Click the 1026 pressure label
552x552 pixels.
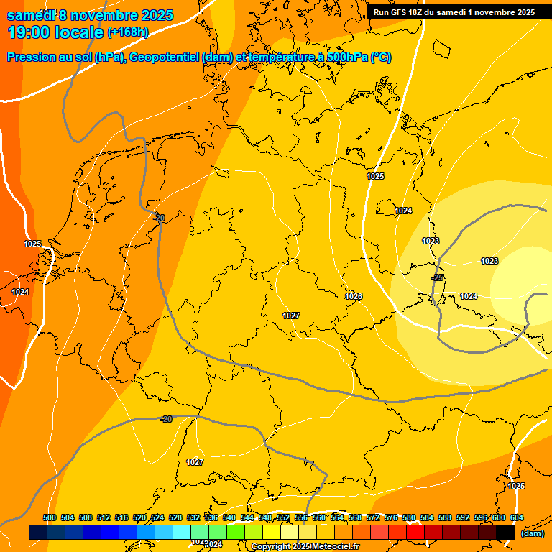[354, 296]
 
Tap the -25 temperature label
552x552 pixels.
[437, 277]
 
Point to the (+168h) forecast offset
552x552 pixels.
[128, 32]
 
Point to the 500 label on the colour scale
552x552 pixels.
[50, 517]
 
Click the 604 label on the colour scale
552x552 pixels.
[517, 517]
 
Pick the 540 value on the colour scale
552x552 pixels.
[229, 517]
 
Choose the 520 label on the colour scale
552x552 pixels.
[139, 517]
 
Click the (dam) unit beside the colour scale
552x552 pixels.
[532, 533]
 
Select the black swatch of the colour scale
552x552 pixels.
[505, 532]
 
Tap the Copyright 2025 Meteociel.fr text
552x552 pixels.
[305, 547]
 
